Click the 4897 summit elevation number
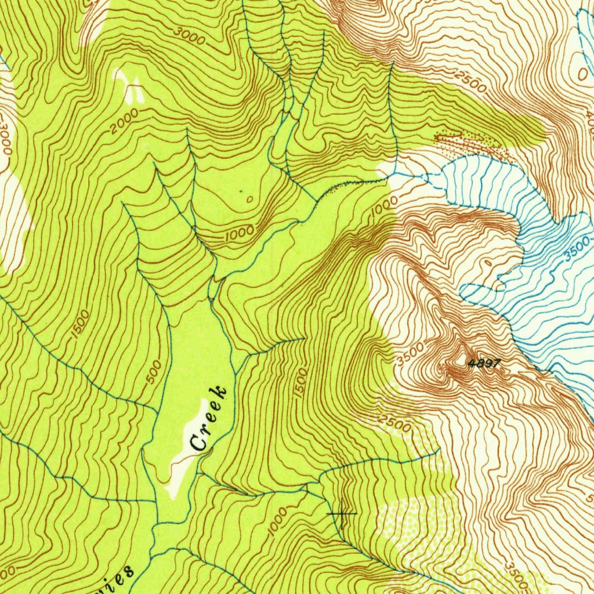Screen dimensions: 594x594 click(483, 364)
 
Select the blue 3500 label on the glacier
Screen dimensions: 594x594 click(577, 249)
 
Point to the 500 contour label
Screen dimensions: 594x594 click(154, 371)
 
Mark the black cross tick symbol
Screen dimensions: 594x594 click(342, 513)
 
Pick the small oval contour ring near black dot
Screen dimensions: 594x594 click(249, 200)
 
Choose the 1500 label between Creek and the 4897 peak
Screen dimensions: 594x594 click(299, 382)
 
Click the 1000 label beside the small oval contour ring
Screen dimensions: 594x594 click(240, 233)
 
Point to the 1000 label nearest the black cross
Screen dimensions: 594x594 click(278, 523)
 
